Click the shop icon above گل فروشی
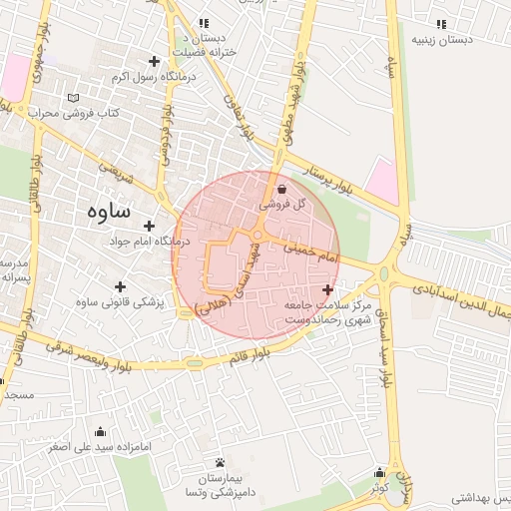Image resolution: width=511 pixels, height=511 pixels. tap(282, 188)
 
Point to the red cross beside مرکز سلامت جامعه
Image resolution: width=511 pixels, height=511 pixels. tap(328, 289)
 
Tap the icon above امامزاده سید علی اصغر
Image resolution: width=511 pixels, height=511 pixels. tap(100, 432)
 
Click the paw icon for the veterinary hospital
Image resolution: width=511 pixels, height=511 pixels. tap(220, 462)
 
